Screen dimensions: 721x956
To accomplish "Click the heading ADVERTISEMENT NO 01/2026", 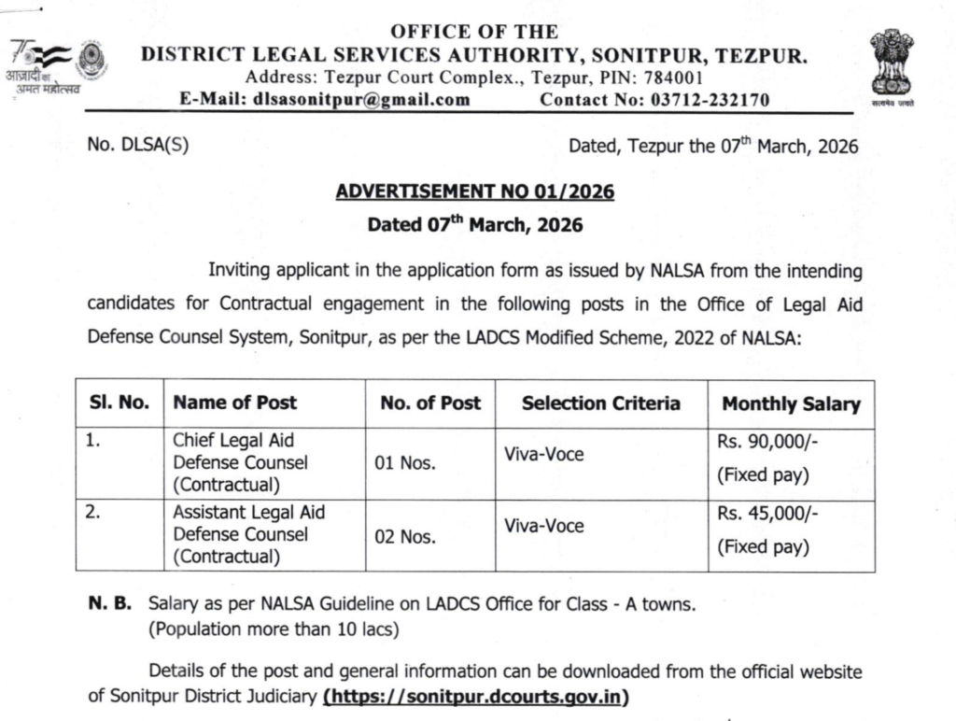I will pos(474,191).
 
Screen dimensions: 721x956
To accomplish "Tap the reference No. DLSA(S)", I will pos(137,147).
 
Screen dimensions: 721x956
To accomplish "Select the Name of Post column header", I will pos(234,403).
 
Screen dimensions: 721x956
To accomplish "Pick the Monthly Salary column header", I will pos(791,404).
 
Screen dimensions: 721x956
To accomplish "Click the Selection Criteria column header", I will pos(600,403).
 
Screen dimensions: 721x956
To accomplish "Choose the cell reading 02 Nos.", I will pos(404,536).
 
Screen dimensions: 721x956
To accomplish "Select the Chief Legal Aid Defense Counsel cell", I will pos(239,462).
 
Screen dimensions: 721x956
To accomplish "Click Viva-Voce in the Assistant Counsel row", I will pos(543,526).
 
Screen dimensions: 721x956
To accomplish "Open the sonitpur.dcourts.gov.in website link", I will pos(475,697).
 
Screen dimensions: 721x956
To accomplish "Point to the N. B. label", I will pos(110,605).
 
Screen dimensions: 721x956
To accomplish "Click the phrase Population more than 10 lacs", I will pos(274,629).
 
